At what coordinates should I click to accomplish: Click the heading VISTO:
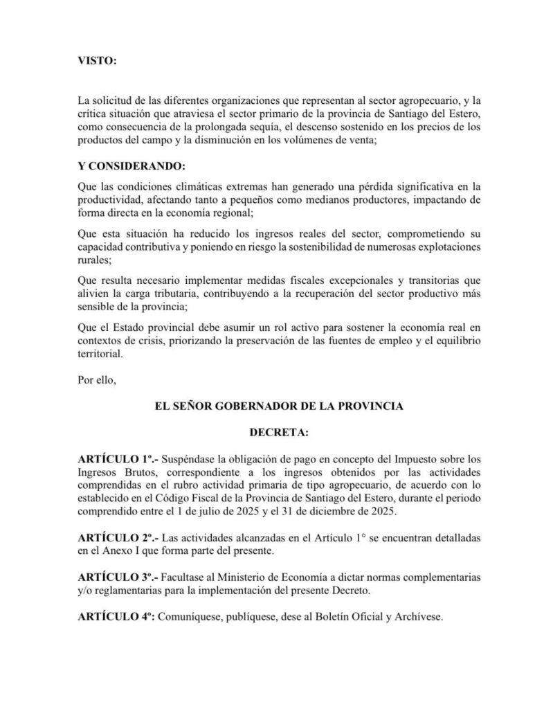(98, 61)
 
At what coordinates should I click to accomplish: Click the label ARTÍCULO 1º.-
(117, 458)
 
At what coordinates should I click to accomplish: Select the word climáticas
(183, 187)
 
